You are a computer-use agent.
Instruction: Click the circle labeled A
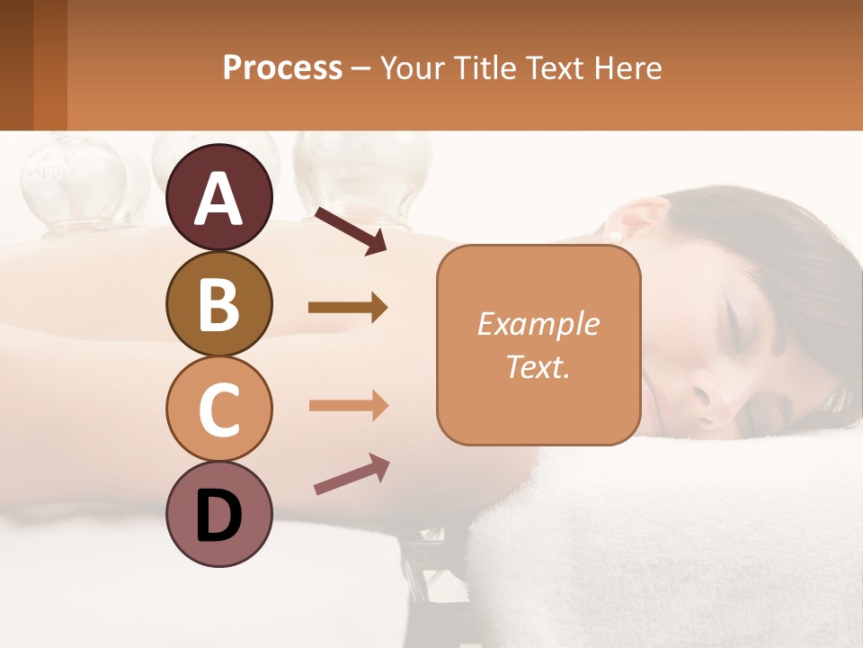tap(218, 197)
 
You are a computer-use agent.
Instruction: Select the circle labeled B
tap(218, 303)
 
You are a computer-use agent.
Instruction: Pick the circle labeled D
tap(218, 514)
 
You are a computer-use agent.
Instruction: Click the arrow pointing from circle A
tap(350, 230)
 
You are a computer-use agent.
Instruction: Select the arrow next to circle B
tap(347, 308)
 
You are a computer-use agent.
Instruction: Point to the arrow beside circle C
tap(347, 406)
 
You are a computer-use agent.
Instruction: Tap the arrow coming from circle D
tap(351, 474)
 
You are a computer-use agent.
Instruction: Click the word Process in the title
tap(282, 67)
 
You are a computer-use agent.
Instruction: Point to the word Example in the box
tap(538, 324)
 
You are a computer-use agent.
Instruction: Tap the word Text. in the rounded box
tap(538, 366)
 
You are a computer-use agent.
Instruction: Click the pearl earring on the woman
tap(617, 235)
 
